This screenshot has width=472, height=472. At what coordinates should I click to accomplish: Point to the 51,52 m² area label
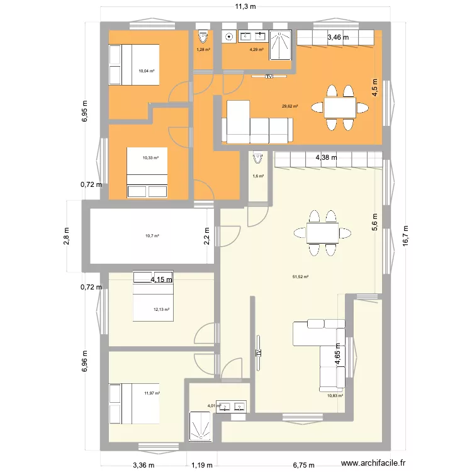pos(300,276)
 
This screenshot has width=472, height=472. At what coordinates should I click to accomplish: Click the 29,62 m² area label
pos(290,106)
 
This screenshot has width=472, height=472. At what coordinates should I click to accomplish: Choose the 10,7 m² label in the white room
pos(152,236)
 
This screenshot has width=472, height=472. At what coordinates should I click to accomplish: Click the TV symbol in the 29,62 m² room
pos(269,77)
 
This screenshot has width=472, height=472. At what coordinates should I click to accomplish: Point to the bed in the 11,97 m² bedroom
pos(133,403)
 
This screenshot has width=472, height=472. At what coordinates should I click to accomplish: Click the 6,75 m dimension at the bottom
pos(304,466)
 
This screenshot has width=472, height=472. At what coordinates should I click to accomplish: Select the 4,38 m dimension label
pos(326,157)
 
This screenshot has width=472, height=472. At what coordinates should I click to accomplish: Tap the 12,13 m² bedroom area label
pos(162,310)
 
